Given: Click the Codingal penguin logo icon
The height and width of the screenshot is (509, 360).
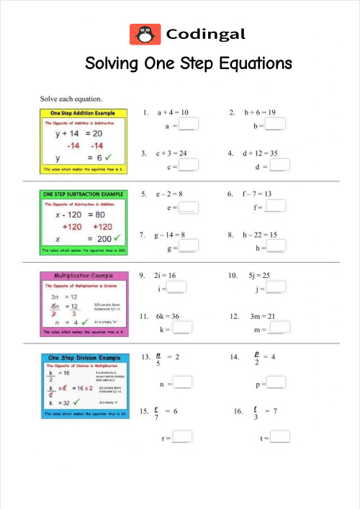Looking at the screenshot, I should (145, 34).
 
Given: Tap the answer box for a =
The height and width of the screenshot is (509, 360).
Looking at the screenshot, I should (188, 125).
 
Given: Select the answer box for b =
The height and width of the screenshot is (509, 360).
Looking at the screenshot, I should (275, 125).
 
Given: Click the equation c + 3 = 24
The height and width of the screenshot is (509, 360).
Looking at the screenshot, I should (172, 153).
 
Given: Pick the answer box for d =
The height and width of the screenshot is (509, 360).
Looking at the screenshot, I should (279, 166).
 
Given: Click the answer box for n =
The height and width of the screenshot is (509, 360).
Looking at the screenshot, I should (183, 383).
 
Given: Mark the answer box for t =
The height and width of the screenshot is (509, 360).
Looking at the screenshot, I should (279, 436).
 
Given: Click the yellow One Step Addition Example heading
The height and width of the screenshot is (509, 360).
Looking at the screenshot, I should (82, 114).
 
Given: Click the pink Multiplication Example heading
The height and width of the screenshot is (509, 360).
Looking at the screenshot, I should (82, 276).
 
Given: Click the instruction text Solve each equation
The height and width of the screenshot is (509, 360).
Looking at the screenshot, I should (71, 97).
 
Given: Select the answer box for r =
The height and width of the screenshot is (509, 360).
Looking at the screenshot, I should (182, 436).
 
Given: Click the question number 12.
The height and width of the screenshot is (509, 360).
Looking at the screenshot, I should (235, 316).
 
